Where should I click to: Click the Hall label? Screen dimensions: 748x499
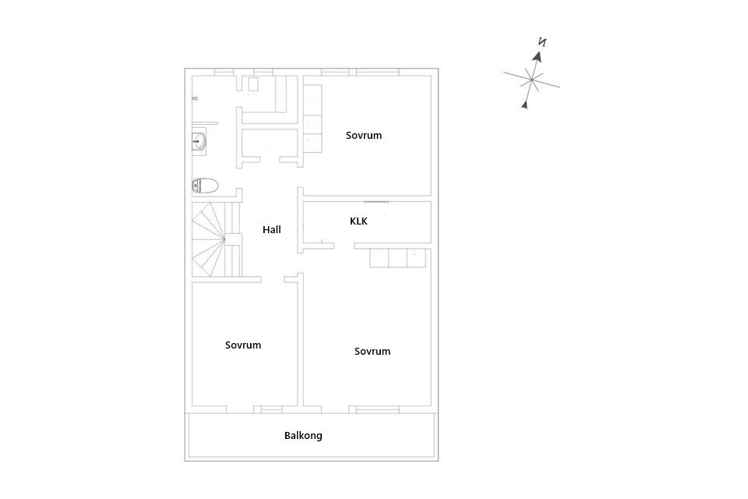click(271, 230)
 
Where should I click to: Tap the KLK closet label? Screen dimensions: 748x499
click(358, 221)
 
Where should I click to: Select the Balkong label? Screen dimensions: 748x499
click(303, 436)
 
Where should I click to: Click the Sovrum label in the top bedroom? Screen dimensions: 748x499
click(364, 135)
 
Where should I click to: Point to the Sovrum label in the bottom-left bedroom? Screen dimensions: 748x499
click(243, 345)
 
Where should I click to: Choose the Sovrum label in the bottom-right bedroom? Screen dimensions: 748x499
click(372, 351)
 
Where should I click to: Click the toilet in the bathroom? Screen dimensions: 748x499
click(205, 186)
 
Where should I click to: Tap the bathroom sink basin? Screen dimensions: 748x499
click(199, 141)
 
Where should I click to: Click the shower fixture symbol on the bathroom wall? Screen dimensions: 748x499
click(195, 98)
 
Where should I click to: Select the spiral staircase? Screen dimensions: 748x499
click(217, 239)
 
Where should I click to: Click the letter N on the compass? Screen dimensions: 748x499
click(542, 42)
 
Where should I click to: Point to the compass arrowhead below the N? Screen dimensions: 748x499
click(538, 56)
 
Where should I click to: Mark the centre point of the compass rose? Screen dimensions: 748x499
click(531, 80)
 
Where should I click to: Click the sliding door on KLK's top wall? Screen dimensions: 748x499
click(376, 201)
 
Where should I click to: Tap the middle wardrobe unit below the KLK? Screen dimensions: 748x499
click(398, 258)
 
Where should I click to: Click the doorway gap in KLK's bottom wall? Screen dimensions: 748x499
click(344, 246)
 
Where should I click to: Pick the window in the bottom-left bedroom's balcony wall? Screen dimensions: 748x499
click(271, 409)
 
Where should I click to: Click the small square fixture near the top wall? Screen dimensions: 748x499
click(252, 84)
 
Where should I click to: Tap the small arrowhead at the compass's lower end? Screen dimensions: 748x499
click(524, 104)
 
